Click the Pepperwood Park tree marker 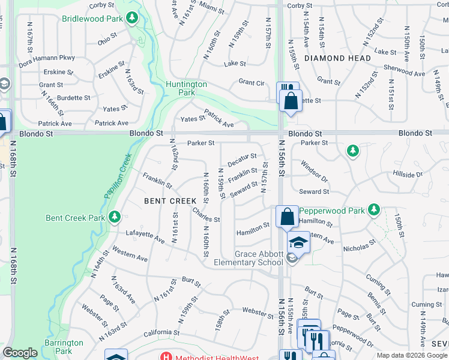pos(375,209)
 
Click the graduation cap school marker pos(298,242)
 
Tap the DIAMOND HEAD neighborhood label pos(337,58)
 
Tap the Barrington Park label pos(66,347)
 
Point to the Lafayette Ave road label pos(145,236)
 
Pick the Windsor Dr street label pos(314,172)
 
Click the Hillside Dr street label pos(408,175)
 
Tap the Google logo pos(20,353)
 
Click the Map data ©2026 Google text pos(411,356)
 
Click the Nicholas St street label pos(359,245)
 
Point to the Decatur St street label pos(242,160)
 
